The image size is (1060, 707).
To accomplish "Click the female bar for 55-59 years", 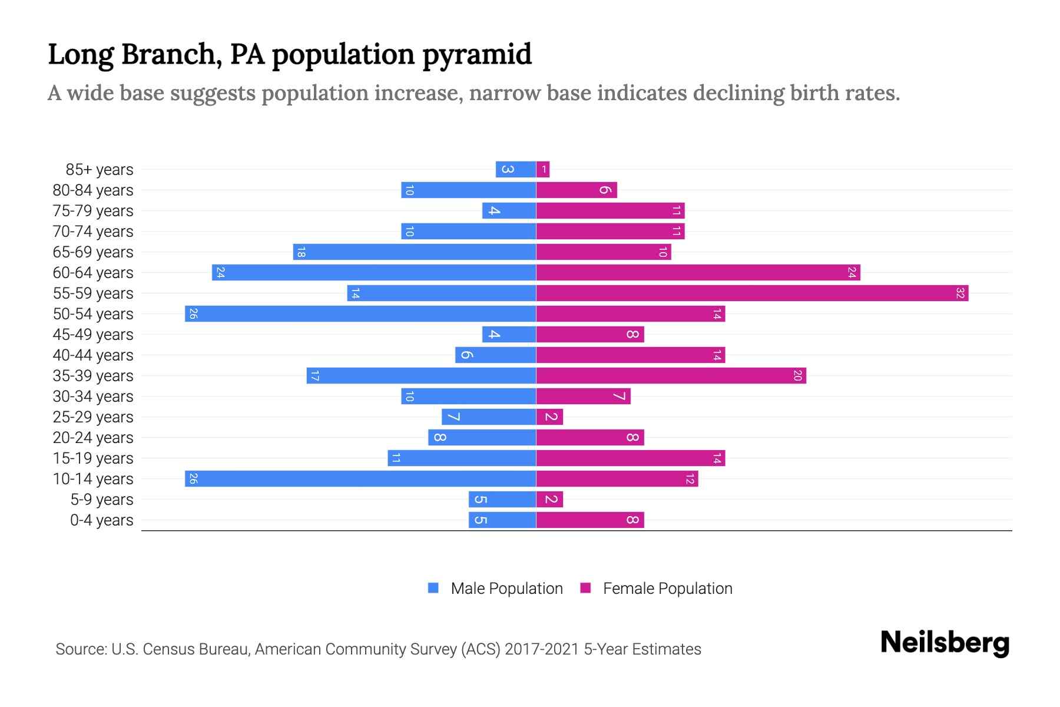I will pyautogui.click(x=752, y=293).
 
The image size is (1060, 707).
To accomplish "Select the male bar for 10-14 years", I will pyautogui.click(x=360, y=478).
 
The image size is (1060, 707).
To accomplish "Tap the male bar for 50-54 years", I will pyautogui.click(x=360, y=313).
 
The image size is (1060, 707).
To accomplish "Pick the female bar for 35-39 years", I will pyautogui.click(x=671, y=375).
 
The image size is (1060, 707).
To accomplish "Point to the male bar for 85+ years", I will pyautogui.click(x=516, y=169).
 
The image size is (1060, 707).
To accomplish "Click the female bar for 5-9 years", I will pyautogui.click(x=549, y=499).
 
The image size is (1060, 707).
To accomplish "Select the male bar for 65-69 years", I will pyautogui.click(x=415, y=252).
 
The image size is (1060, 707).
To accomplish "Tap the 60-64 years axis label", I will pyautogui.click(x=93, y=273).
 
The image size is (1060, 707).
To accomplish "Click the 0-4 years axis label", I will pyautogui.click(x=101, y=520).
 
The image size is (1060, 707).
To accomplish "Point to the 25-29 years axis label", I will pyautogui.click(x=93, y=417).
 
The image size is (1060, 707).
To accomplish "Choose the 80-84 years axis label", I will pyautogui.click(x=93, y=190).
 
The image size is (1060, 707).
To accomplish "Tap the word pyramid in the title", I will pyautogui.click(x=477, y=54).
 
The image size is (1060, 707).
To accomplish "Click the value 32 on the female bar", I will pyautogui.click(x=960, y=293).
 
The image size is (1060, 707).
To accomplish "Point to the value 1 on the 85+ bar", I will pyautogui.click(x=544, y=170).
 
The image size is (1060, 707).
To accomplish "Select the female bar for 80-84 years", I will pyautogui.click(x=577, y=190).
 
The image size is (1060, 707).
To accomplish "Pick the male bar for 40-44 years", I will pyautogui.click(x=495, y=355).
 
